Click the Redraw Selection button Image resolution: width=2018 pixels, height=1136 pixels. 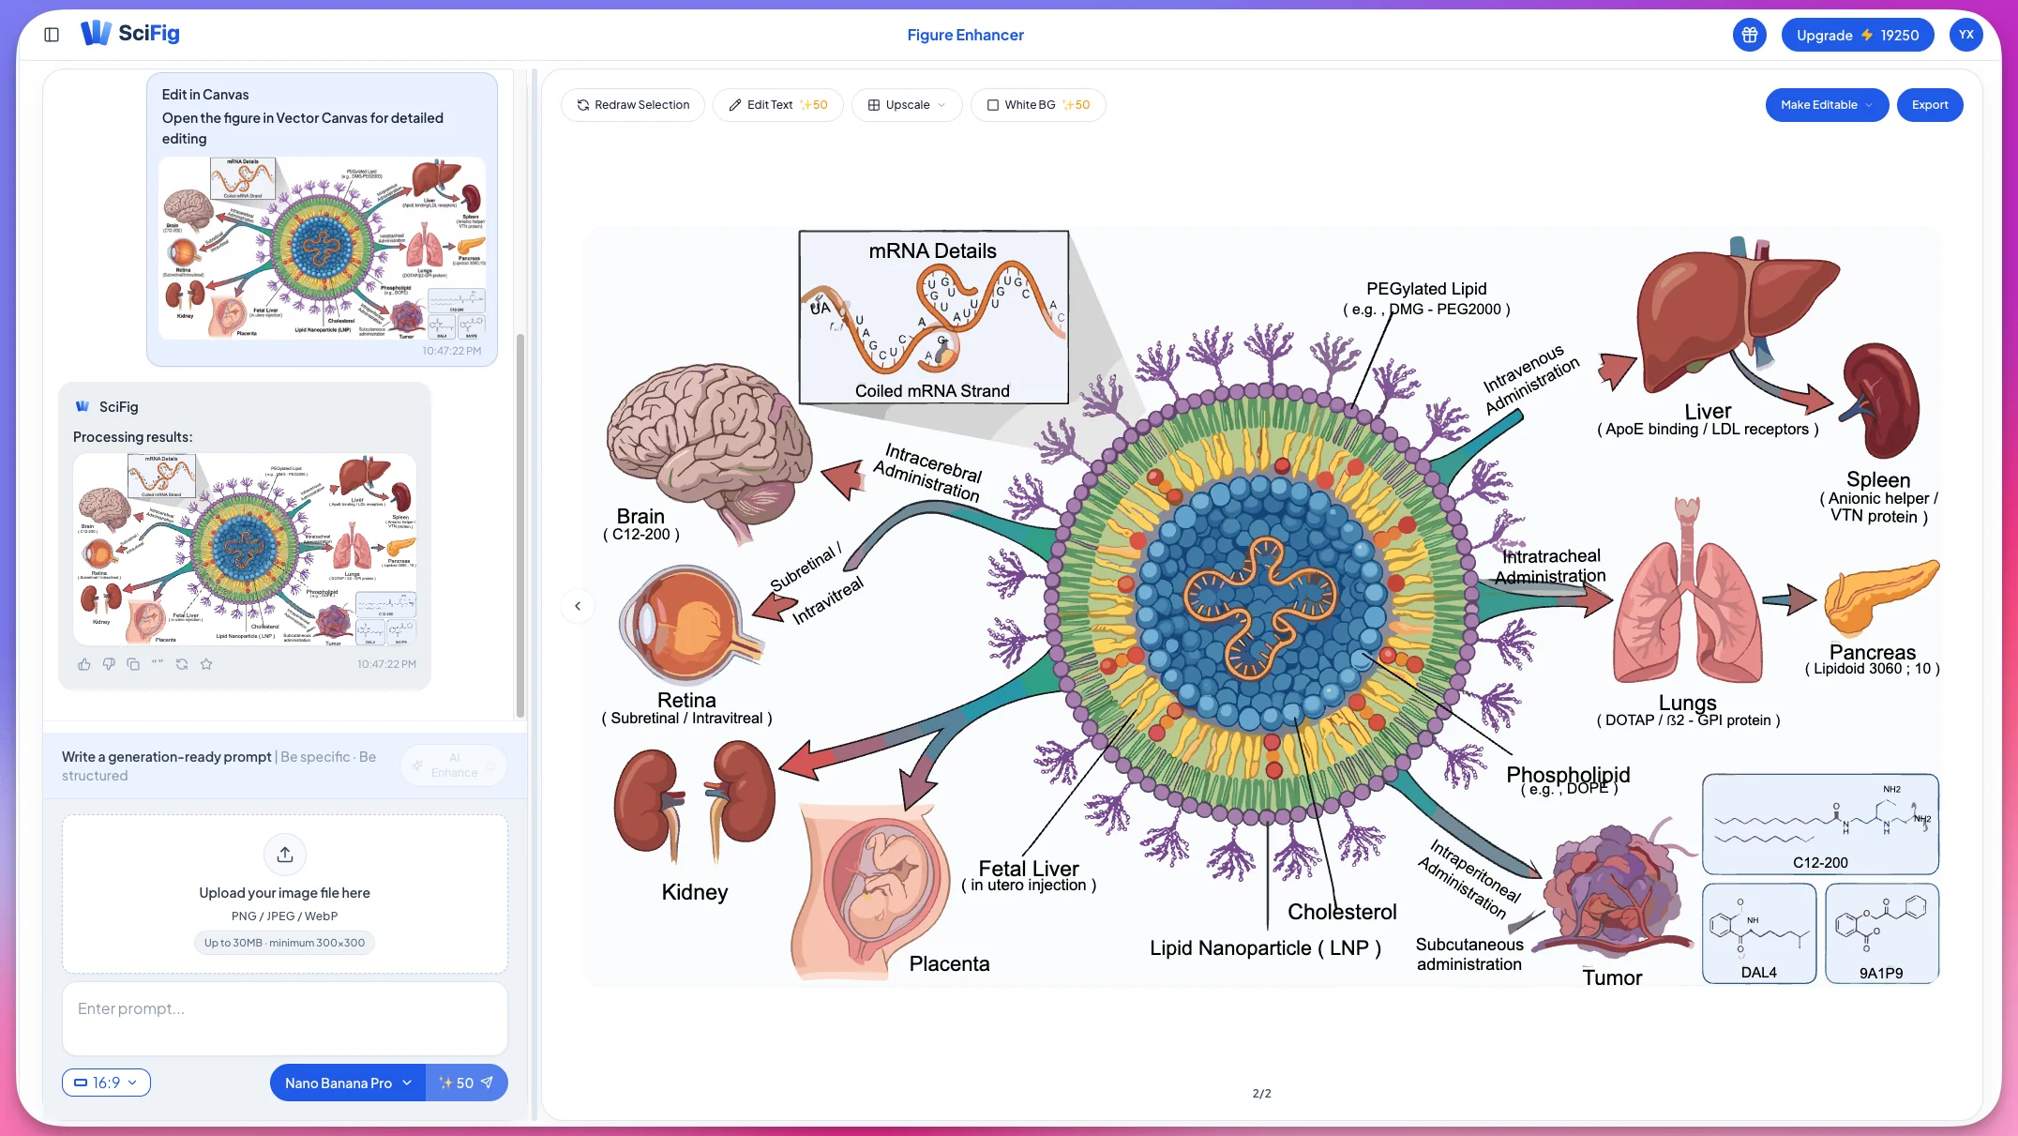pyautogui.click(x=633, y=105)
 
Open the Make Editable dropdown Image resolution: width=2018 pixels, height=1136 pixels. pyautogui.click(x=1826, y=105)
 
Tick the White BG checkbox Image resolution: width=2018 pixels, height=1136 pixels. pyautogui.click(x=993, y=105)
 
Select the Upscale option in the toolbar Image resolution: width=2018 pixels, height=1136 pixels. pyautogui.click(x=906, y=105)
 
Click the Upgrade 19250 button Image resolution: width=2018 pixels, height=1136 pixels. pyautogui.click(x=1857, y=36)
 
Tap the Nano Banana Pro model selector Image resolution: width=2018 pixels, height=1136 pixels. pyautogui.click(x=347, y=1083)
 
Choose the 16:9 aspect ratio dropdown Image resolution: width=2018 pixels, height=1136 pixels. pyautogui.click(x=106, y=1083)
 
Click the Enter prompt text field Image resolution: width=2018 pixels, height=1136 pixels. pyautogui.click(x=284, y=1018)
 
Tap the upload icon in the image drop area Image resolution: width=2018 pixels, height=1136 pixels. pyautogui.click(x=285, y=855)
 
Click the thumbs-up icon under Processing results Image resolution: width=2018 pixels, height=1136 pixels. pyautogui.click(x=84, y=664)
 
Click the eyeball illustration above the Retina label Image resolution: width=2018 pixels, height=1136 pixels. pyautogui.click(x=685, y=624)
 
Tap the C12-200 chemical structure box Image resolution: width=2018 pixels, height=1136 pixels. pyautogui.click(x=1819, y=824)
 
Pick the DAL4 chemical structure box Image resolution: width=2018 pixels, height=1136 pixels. pyautogui.click(x=1758, y=932)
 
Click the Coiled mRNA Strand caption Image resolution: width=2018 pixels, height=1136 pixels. pyautogui.click(x=932, y=391)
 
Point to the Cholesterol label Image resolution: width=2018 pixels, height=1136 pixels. pyautogui.click(x=1341, y=912)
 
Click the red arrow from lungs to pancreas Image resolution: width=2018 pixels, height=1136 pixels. pyautogui.click(x=1788, y=599)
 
